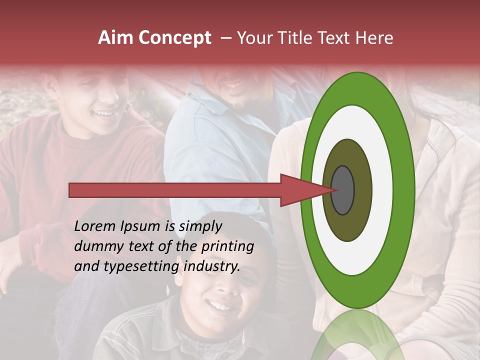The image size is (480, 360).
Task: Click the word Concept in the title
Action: pyautogui.click(x=174, y=38)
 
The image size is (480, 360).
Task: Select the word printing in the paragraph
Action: pyautogui.click(x=227, y=247)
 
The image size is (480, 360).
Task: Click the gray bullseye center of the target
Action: pyautogui.click(x=342, y=190)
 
